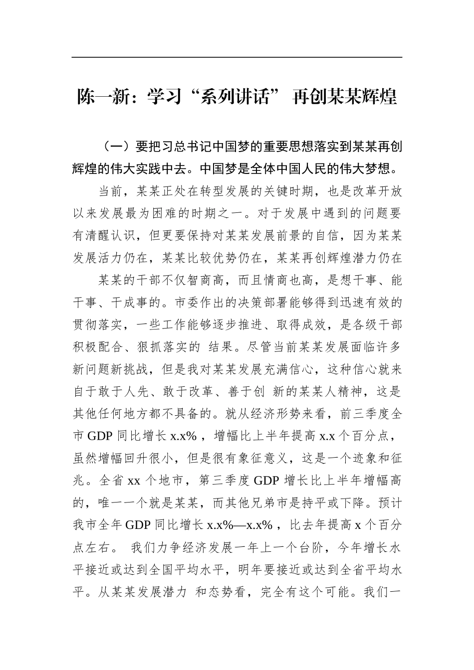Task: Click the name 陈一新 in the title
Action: click(x=101, y=97)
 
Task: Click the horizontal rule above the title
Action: click(x=237, y=57)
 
